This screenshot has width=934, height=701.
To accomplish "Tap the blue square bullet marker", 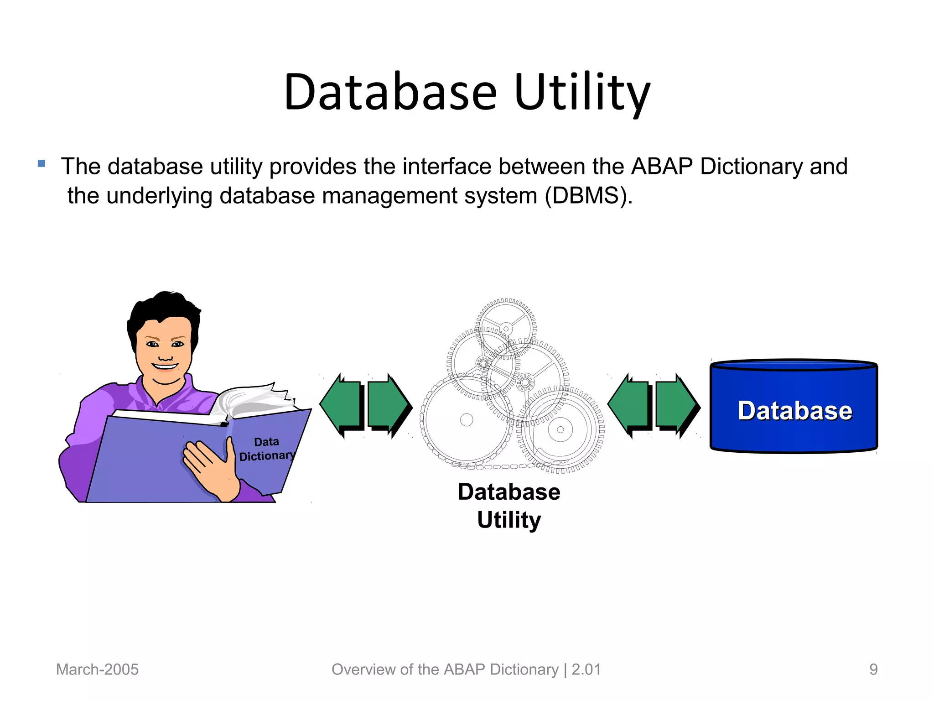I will coord(42,163).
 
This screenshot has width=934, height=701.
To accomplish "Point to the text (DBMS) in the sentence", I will coord(588,196).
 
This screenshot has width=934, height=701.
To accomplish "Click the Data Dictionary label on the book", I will coord(267,449).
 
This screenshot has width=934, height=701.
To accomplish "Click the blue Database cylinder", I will coord(794,406).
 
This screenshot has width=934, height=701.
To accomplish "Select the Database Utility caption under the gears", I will coord(509,506).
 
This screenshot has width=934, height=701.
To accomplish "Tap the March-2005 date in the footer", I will coord(97,670).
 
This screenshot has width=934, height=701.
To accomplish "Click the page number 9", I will coord(873,670).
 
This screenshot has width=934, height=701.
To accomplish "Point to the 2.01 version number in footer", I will coord(586,670).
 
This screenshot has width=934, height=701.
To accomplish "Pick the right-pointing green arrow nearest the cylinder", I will coord(676,404).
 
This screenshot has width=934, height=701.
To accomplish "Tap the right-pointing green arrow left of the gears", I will coord(388,404).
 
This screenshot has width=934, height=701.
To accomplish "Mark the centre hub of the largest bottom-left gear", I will coord(467,420).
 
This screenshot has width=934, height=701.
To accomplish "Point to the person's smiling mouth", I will coord(165,366).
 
